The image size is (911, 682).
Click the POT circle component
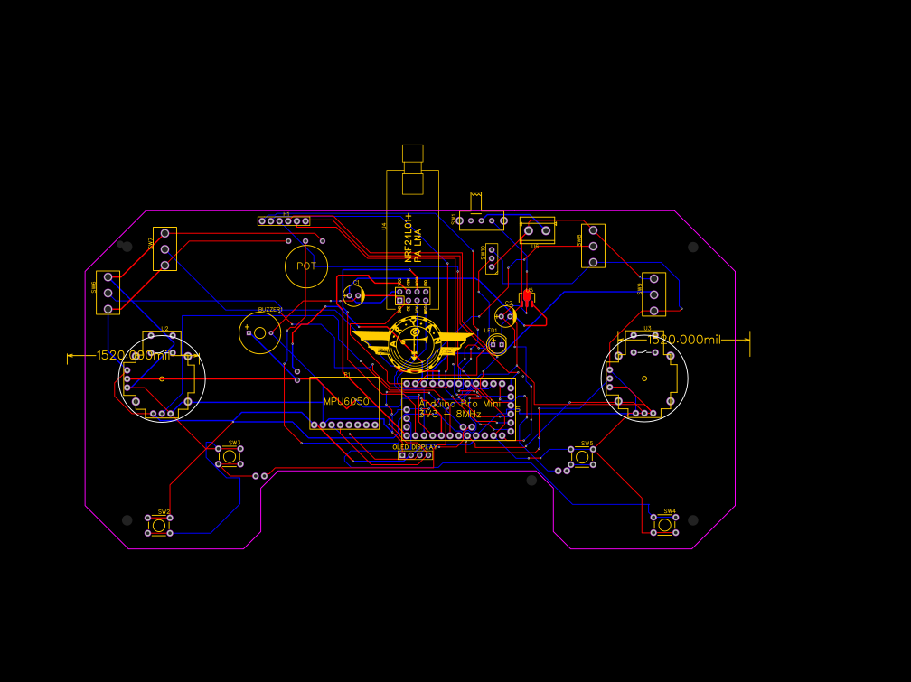point(306,266)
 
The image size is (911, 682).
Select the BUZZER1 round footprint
point(260,332)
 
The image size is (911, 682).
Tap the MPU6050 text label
point(346,401)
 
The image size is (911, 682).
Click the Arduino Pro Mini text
point(459,404)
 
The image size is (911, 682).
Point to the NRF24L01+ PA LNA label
point(413,238)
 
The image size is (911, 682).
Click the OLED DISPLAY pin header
point(416,454)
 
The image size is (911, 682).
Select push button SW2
point(160,525)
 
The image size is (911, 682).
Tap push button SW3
point(230,456)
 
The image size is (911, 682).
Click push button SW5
point(581,457)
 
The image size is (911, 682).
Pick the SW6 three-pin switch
point(108,293)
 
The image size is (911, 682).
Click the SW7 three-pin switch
point(164,248)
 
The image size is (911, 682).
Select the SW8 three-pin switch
point(593,246)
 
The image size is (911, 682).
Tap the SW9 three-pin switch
point(653,294)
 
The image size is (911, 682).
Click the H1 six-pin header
point(283,220)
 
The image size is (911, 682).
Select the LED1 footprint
point(495,343)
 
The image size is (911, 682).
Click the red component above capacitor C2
point(527,295)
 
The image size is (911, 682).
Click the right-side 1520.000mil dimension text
point(686,340)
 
